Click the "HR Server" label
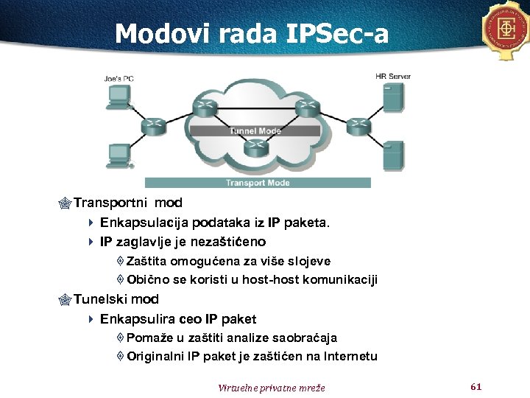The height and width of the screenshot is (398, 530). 392,76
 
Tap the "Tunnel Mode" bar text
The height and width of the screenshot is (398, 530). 255,131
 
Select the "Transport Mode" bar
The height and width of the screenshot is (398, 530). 257,183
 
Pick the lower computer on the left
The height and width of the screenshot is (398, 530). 118,156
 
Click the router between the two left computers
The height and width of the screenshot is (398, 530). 154,125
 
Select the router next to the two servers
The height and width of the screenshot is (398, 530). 358,125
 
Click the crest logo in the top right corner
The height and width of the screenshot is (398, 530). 506,29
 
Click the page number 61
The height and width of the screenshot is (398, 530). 475,386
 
